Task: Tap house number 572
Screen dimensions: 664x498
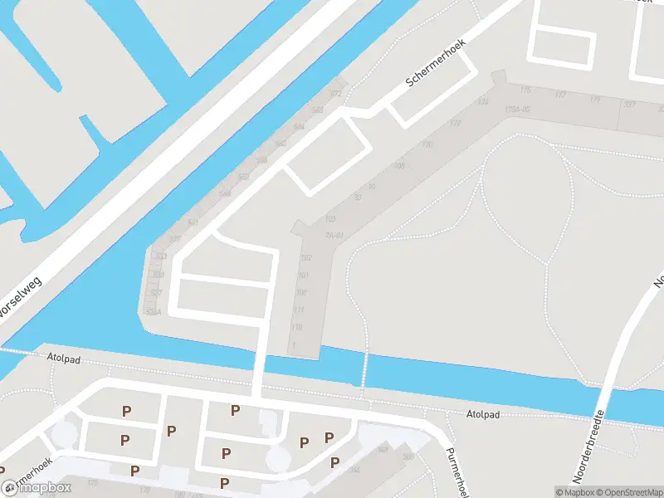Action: pos(335,94)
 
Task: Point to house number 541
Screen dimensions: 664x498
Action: pos(193,223)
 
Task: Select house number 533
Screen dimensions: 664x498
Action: pos(160,256)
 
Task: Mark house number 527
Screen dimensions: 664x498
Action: pos(156,293)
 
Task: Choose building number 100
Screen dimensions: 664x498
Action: pos(300,292)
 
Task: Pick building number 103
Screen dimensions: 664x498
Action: pos(330,219)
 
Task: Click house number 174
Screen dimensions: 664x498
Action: pos(483,102)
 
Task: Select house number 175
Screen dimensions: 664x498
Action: pos(525,89)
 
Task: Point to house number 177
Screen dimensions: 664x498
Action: pos(560,95)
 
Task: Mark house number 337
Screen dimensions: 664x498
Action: pos(629,104)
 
